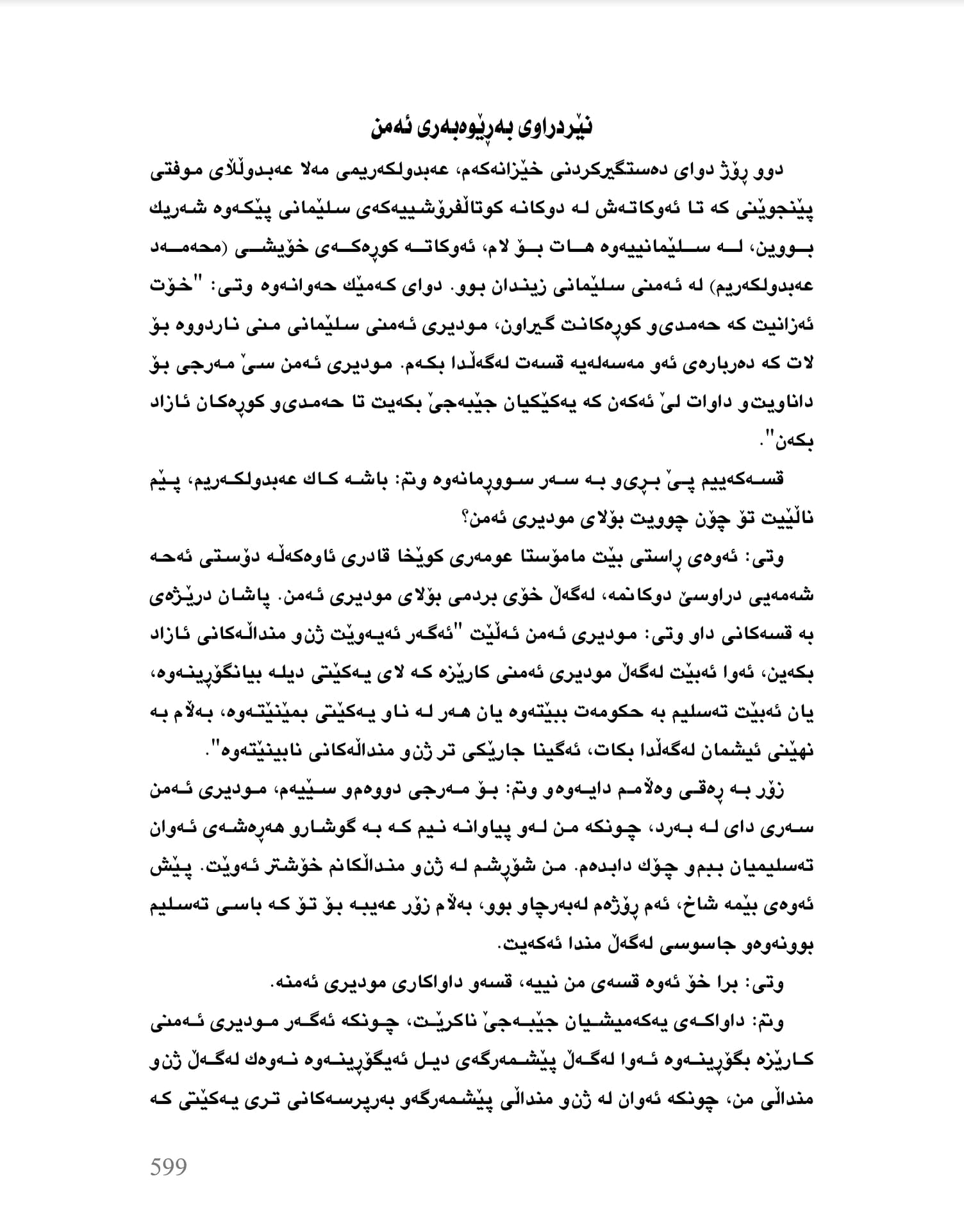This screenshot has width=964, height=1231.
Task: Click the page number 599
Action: pyautogui.click(x=169, y=1166)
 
